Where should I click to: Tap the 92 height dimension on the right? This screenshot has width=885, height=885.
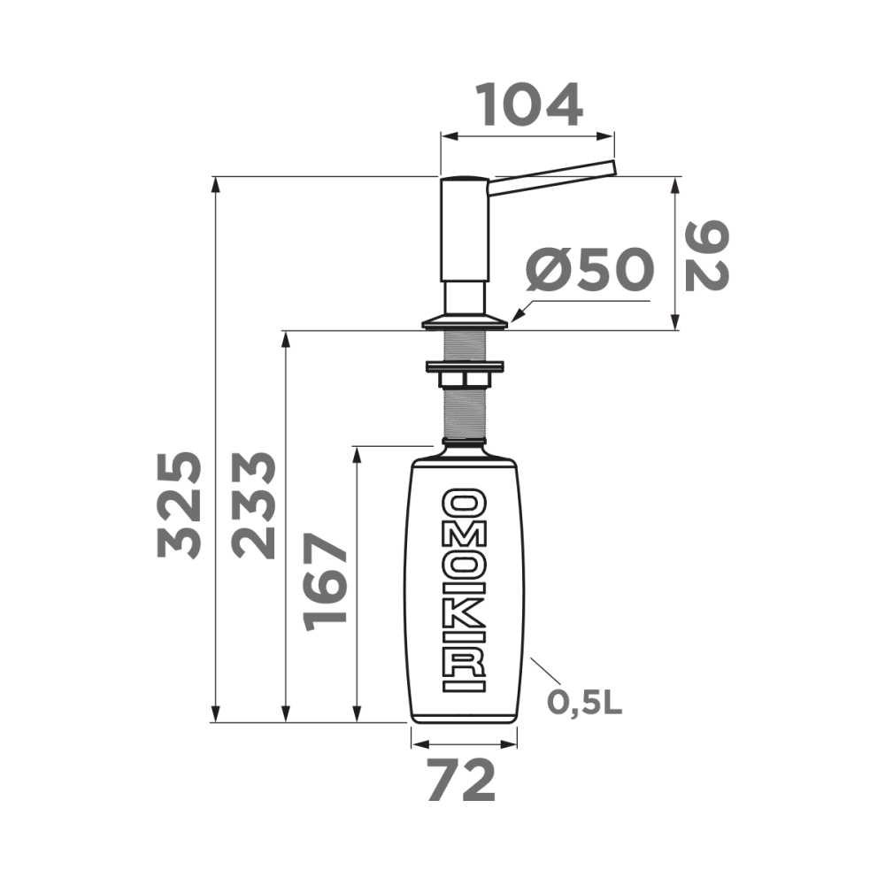(x=707, y=257)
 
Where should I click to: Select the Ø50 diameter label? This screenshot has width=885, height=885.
(x=589, y=270)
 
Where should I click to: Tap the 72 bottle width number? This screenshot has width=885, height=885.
(x=461, y=782)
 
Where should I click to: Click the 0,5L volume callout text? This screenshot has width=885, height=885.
(x=584, y=703)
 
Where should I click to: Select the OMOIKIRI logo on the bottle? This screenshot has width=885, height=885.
(x=464, y=590)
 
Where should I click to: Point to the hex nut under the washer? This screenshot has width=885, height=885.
(x=464, y=380)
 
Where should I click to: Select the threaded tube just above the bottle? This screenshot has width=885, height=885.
(x=464, y=416)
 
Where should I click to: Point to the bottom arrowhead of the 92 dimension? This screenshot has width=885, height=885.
(x=676, y=323)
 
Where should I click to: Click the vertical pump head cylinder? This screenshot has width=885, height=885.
(x=465, y=230)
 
